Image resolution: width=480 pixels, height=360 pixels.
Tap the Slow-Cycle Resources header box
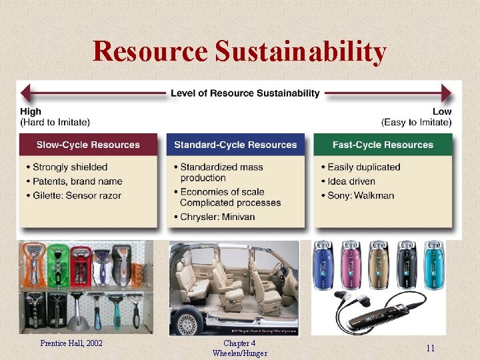pos(88,145)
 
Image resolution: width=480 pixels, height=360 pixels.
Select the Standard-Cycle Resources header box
pos(235,145)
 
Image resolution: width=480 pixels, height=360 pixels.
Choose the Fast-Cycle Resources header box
pos(383,145)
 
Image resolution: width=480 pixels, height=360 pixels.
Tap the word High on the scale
pos(31,111)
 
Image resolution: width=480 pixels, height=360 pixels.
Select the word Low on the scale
pos(441,111)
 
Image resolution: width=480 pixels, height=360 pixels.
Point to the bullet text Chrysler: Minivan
pos(217,217)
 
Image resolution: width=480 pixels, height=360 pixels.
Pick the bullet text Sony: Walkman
pos(361,195)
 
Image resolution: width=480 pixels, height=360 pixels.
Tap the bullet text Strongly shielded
pos(70,167)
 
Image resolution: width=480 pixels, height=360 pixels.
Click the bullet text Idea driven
pos(351,181)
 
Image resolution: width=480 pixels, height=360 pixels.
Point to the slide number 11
pos(430,349)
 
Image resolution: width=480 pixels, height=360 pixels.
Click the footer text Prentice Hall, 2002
pos(71,343)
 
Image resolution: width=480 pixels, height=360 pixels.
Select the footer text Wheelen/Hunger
pos(240,353)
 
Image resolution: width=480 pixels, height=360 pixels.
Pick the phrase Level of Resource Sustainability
pos(245,93)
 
